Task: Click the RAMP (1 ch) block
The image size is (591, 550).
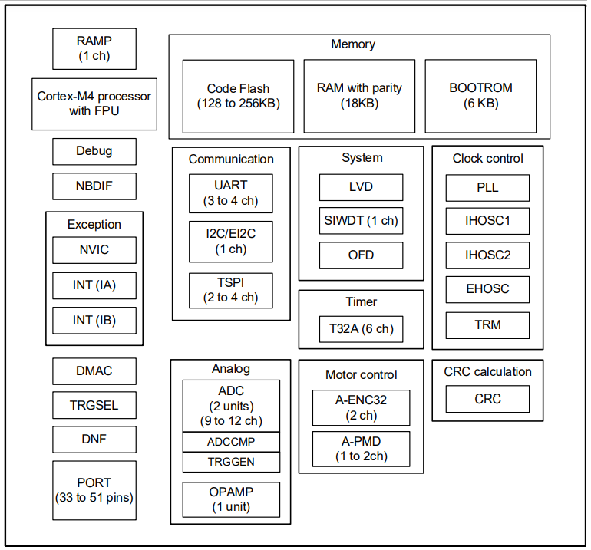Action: (94, 49)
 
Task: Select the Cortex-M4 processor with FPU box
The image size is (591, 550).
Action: (94, 104)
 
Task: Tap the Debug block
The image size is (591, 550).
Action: (94, 151)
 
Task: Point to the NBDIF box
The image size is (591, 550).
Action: (94, 186)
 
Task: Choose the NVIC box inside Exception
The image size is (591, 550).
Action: (94, 250)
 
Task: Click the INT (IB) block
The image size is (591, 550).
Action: (94, 321)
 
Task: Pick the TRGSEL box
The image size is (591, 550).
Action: (94, 405)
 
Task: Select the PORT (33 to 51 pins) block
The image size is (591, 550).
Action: (94, 489)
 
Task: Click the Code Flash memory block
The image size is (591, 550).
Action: (238, 96)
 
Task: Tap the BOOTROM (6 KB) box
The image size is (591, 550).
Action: (480, 96)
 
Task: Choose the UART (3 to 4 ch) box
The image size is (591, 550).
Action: (231, 193)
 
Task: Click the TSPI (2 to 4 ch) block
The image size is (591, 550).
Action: (231, 290)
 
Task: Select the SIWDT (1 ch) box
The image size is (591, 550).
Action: (361, 221)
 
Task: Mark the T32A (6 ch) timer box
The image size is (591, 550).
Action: (361, 329)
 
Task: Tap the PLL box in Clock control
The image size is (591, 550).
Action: (487, 187)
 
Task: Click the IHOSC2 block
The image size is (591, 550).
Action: (487, 255)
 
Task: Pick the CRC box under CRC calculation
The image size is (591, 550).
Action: (487, 399)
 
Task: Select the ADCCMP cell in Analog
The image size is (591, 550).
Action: (231, 442)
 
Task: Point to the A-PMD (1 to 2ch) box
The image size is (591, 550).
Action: (361, 449)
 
